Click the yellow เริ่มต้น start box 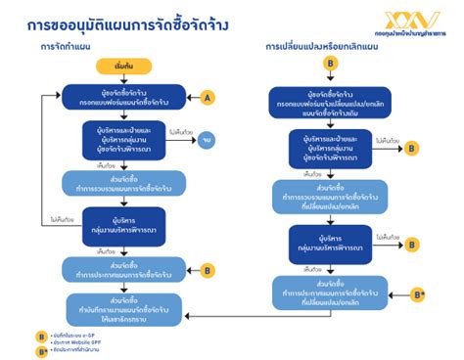pos(123,67)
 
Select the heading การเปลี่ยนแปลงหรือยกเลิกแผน pos(321,46)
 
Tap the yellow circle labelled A pos(207,97)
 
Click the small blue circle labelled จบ pos(207,141)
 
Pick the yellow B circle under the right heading pos(330,64)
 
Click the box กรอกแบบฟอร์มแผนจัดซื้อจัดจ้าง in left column pos(123,98)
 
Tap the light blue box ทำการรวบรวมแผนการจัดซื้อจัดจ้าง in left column pos(123,183)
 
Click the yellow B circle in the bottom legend pos(41,334)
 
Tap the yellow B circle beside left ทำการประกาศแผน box pos(207,269)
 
